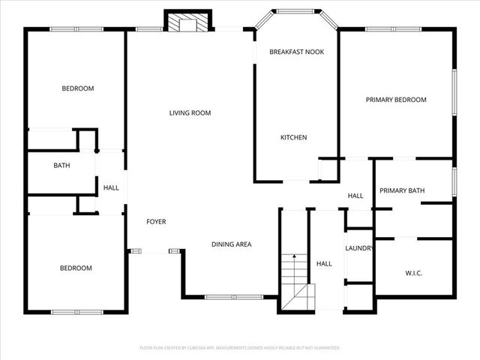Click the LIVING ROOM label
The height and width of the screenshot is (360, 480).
point(190,113)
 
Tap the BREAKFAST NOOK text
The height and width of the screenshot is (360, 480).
point(297,52)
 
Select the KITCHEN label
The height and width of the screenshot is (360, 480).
point(293,137)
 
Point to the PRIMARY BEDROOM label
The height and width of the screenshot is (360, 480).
point(396,100)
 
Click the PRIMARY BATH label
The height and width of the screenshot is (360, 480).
point(402,190)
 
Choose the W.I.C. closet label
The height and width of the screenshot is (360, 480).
point(413,273)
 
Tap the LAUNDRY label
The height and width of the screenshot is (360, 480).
point(359,248)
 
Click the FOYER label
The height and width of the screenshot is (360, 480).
point(156,222)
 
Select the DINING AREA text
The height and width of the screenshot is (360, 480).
point(231,244)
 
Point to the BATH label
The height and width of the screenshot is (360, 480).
point(61,166)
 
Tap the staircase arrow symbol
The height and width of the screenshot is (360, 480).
point(295,266)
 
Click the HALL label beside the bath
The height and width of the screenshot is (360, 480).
point(111,187)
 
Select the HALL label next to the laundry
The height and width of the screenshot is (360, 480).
point(324,264)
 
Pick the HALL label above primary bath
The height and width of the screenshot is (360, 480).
point(355,196)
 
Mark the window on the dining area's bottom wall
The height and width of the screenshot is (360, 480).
point(223,297)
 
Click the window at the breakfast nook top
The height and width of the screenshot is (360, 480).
point(297,10)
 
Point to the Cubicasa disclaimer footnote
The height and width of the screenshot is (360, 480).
point(240,348)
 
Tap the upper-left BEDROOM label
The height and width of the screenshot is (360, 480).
point(77,88)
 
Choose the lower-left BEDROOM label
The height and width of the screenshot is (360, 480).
point(76,268)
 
